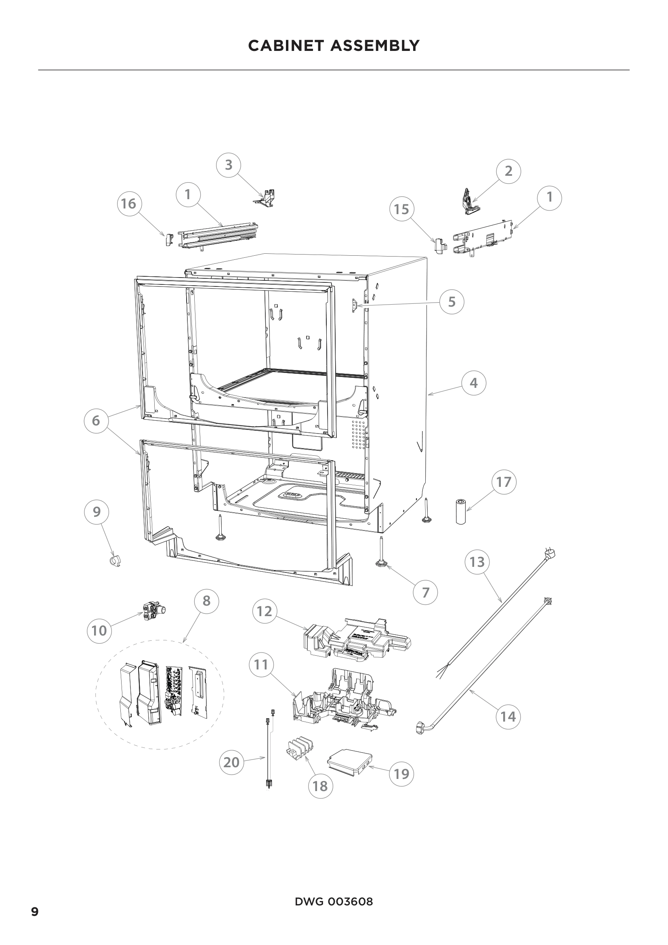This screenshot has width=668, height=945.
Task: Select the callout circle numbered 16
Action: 129,203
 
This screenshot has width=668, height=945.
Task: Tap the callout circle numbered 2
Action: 508,170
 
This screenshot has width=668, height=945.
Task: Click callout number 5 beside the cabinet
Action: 452,302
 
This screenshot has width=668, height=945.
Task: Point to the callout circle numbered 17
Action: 504,482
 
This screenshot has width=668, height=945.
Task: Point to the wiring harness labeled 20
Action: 268,757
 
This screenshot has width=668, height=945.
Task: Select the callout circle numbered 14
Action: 508,717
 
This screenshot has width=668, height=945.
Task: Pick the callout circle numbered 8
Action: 206,600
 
